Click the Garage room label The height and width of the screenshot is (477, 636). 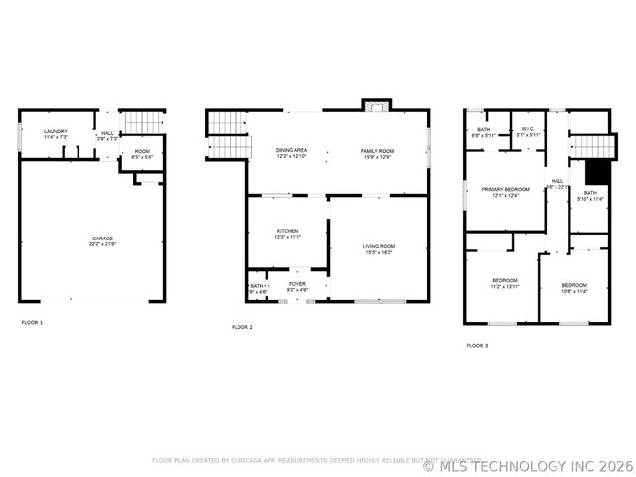(x=102, y=239)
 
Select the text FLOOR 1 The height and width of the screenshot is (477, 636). (x=33, y=323)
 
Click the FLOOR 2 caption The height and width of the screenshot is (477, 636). (x=242, y=327)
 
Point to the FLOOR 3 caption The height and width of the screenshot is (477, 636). (x=477, y=346)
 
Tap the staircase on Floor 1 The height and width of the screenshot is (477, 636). (x=146, y=121)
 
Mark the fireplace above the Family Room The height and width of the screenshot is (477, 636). (x=377, y=104)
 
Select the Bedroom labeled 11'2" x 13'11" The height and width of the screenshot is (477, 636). (x=505, y=283)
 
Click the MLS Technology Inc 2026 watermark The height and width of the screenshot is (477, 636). (x=529, y=465)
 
